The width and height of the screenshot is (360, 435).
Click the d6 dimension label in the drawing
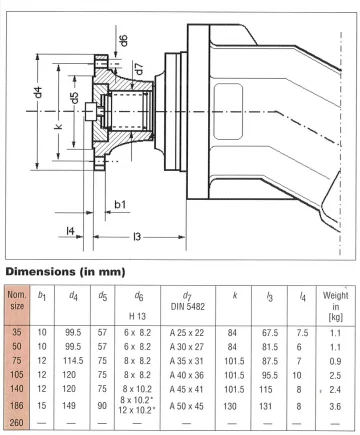click(123, 41)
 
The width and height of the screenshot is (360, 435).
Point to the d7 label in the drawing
click(139, 69)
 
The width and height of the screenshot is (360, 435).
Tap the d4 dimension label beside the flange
click(38, 92)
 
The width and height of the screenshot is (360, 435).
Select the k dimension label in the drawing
click(59, 127)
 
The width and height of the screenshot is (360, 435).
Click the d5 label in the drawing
click(74, 98)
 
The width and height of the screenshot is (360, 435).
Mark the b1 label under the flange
click(120, 204)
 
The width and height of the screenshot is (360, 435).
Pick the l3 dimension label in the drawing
click(137, 237)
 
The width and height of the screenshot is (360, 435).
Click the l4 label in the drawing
click(70, 230)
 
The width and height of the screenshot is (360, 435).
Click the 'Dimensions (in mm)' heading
click(65, 272)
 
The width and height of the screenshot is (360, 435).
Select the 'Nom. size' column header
click(17, 300)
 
